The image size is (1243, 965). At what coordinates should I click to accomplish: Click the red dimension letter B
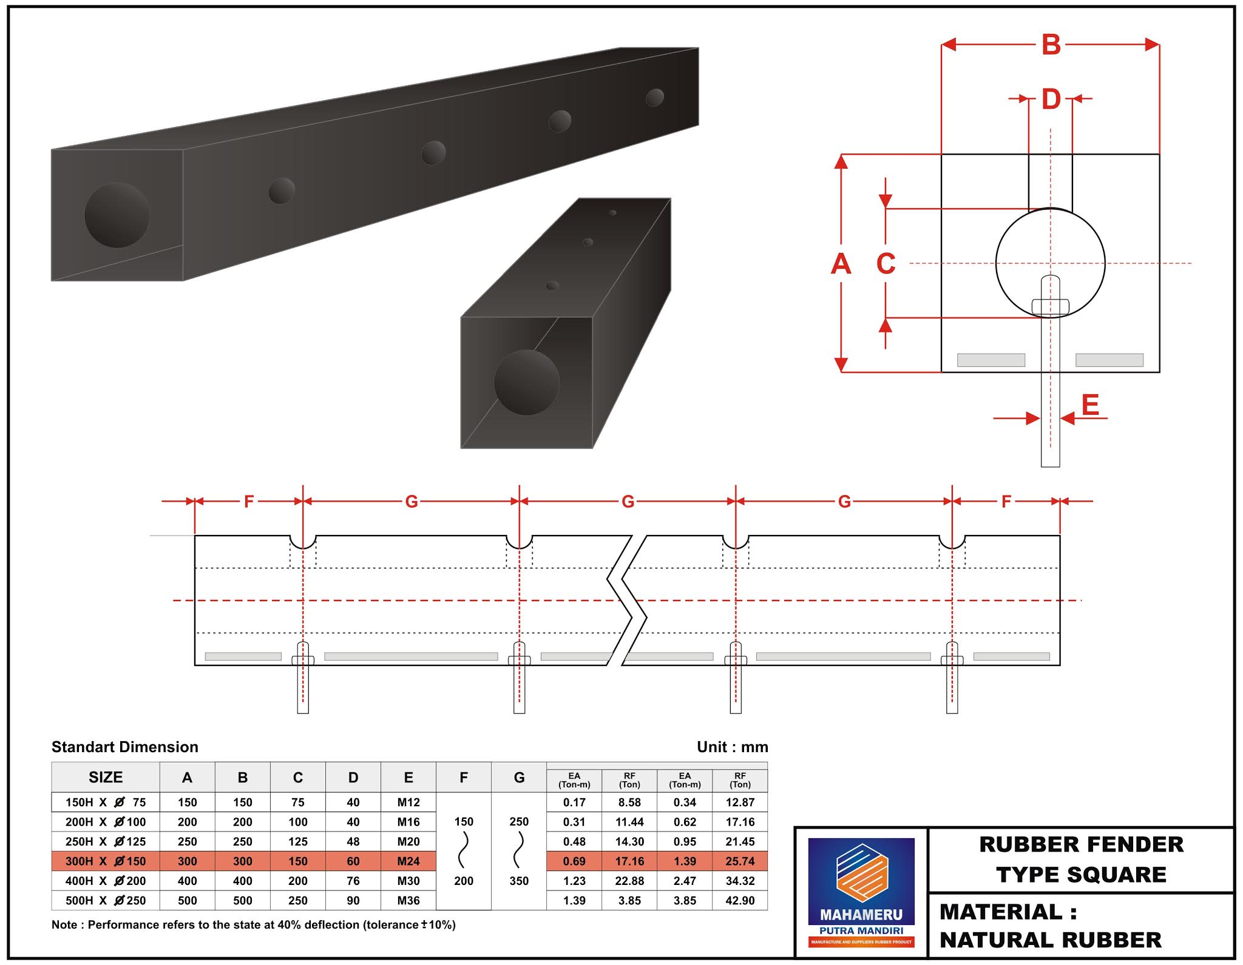tap(1051, 45)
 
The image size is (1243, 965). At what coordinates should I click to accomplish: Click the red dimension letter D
tap(1051, 99)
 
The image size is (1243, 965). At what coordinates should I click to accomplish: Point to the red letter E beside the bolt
tap(1090, 405)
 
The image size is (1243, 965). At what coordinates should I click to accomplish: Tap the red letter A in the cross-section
tap(841, 264)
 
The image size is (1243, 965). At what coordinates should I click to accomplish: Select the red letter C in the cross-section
tap(886, 264)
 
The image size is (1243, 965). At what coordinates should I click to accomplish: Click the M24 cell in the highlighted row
tap(408, 861)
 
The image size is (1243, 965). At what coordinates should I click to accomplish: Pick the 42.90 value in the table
tap(740, 901)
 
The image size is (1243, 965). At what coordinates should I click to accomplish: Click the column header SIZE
tap(106, 778)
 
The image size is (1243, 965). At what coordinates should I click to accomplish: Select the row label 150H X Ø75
tap(106, 802)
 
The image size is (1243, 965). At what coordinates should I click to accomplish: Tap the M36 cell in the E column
tap(408, 901)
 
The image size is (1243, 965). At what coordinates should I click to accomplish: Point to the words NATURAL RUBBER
tap(1051, 940)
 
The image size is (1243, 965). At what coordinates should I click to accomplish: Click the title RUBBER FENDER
tap(1081, 844)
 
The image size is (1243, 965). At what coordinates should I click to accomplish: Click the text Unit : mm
tap(732, 747)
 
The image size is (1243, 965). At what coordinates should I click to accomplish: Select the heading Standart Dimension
tap(125, 747)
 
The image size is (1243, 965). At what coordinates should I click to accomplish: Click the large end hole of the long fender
tap(117, 215)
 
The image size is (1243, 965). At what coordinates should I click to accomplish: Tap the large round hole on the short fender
tap(526, 382)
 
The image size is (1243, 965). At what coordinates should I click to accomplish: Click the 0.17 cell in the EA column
tap(574, 802)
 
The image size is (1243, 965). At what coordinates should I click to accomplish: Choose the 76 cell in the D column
tap(353, 881)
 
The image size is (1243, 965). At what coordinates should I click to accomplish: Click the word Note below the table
tap(64, 925)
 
